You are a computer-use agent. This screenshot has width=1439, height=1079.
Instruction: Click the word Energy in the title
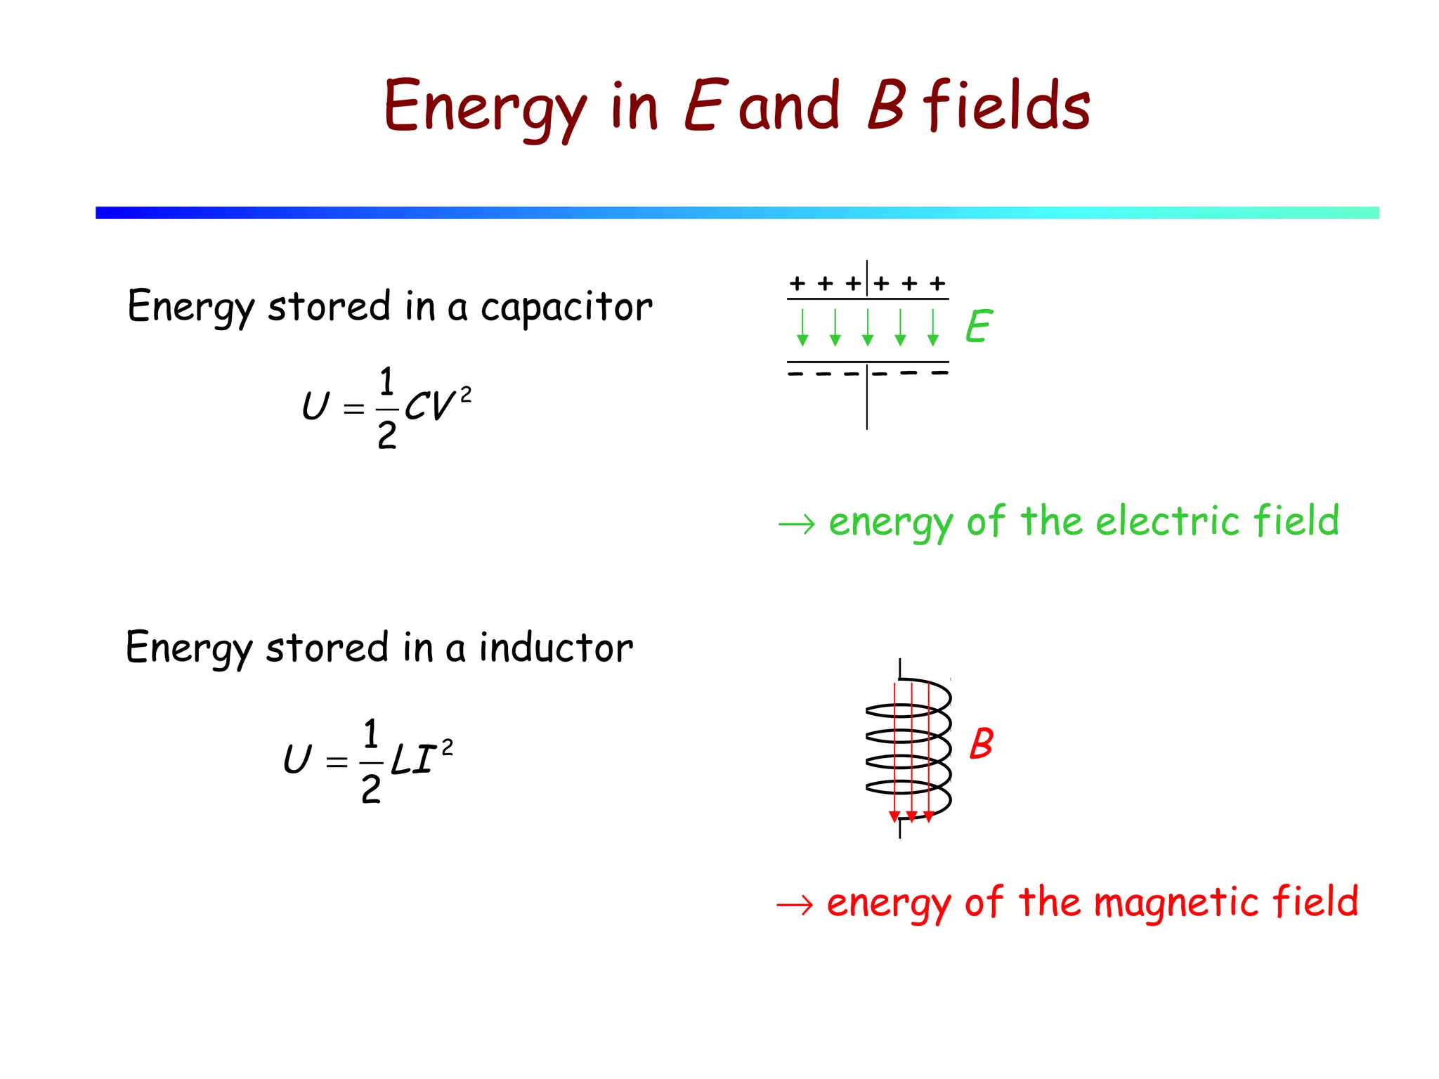484,107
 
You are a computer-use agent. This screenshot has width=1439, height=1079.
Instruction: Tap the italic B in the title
886,105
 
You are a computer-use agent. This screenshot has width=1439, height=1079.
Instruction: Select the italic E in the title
702,105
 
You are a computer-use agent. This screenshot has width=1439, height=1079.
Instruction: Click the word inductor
556,648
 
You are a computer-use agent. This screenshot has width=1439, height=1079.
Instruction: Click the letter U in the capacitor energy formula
315,406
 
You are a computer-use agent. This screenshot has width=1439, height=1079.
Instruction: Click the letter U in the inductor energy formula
297,759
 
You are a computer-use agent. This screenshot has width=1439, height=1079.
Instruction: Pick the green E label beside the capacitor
978,327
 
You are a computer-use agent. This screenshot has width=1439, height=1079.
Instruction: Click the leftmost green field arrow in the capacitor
802,327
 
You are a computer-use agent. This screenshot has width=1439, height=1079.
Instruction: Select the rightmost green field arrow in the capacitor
932,327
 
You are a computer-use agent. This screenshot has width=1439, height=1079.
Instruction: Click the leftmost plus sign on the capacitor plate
797,283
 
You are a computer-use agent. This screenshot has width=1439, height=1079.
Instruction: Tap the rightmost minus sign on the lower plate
939,373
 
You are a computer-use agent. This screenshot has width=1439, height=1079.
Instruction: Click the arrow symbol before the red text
795,905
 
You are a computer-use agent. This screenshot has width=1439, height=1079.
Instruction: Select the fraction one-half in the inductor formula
371,761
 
